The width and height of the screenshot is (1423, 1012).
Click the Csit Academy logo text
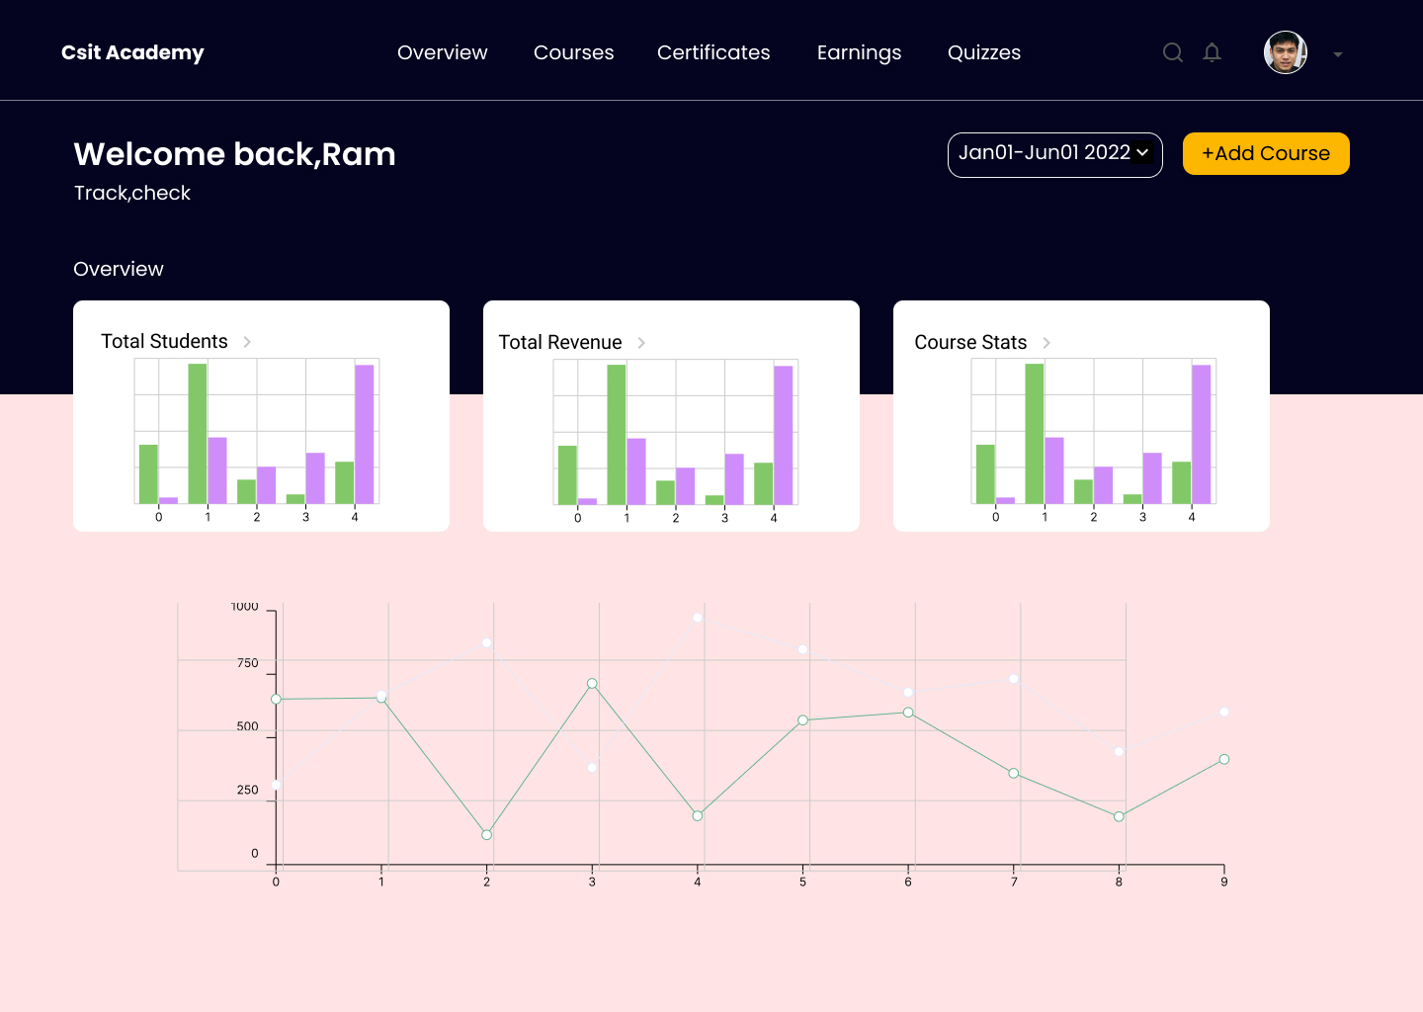(x=132, y=52)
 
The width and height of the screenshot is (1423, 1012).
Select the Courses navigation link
(x=573, y=52)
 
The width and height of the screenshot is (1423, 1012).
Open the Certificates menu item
(x=713, y=52)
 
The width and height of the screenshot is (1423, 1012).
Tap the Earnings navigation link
(x=859, y=52)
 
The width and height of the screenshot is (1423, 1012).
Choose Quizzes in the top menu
(x=983, y=52)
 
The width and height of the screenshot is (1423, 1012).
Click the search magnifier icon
(x=1172, y=52)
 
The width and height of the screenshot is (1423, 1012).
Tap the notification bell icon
(x=1212, y=52)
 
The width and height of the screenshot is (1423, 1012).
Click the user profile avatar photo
(x=1285, y=52)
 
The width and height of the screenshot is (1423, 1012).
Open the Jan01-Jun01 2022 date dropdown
(x=1054, y=154)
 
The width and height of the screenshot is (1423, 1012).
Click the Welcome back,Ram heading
(x=234, y=154)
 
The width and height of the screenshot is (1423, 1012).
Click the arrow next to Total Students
(x=247, y=342)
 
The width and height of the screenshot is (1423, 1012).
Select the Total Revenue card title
(x=559, y=342)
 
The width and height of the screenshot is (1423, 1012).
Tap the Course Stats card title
(x=969, y=342)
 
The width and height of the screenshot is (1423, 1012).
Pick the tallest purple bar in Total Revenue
(x=783, y=435)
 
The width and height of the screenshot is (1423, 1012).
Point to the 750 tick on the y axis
(x=248, y=663)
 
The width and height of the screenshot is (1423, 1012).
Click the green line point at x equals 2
(x=486, y=835)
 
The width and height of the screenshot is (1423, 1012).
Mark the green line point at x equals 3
(x=592, y=684)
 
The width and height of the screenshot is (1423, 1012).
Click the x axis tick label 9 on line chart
(x=1223, y=882)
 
